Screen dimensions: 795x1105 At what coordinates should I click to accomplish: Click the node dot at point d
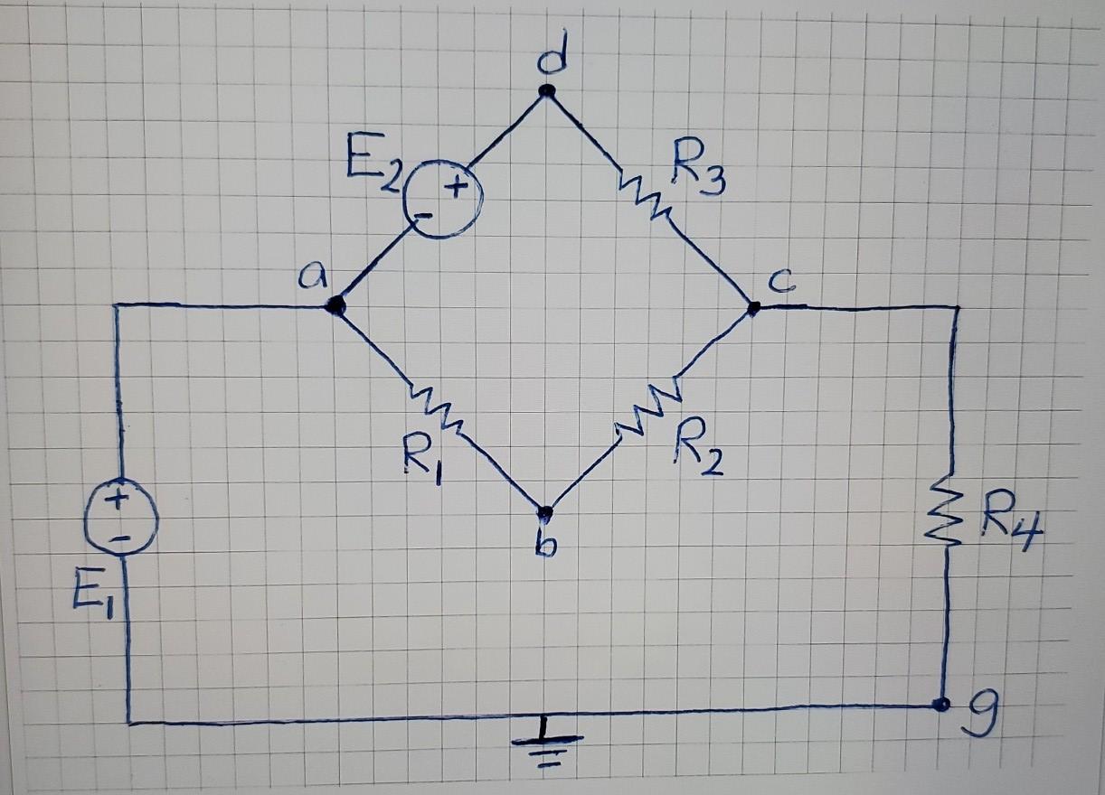tap(546, 90)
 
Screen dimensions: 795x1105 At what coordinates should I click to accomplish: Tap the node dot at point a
tap(336, 306)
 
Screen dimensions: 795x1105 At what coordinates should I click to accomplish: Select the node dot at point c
tap(753, 308)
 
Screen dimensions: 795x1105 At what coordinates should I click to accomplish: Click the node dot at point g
tap(941, 705)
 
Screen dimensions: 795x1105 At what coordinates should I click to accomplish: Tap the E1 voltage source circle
tap(122, 519)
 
